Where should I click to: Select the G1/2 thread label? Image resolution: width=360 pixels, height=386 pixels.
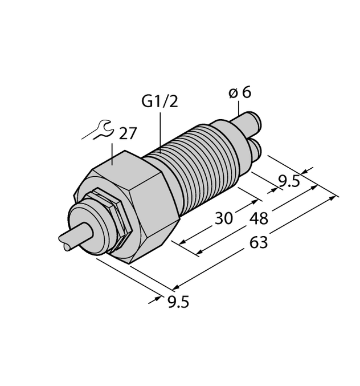[x=159, y=101]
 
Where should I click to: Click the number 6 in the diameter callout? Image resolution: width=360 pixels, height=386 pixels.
[x=246, y=92]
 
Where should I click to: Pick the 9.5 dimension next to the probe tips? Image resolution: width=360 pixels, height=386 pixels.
[x=289, y=182]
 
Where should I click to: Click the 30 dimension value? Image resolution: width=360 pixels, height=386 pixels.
[x=223, y=218]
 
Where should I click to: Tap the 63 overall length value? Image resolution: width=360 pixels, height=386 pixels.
[x=259, y=242]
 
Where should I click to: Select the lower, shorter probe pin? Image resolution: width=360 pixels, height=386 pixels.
[x=255, y=149]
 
